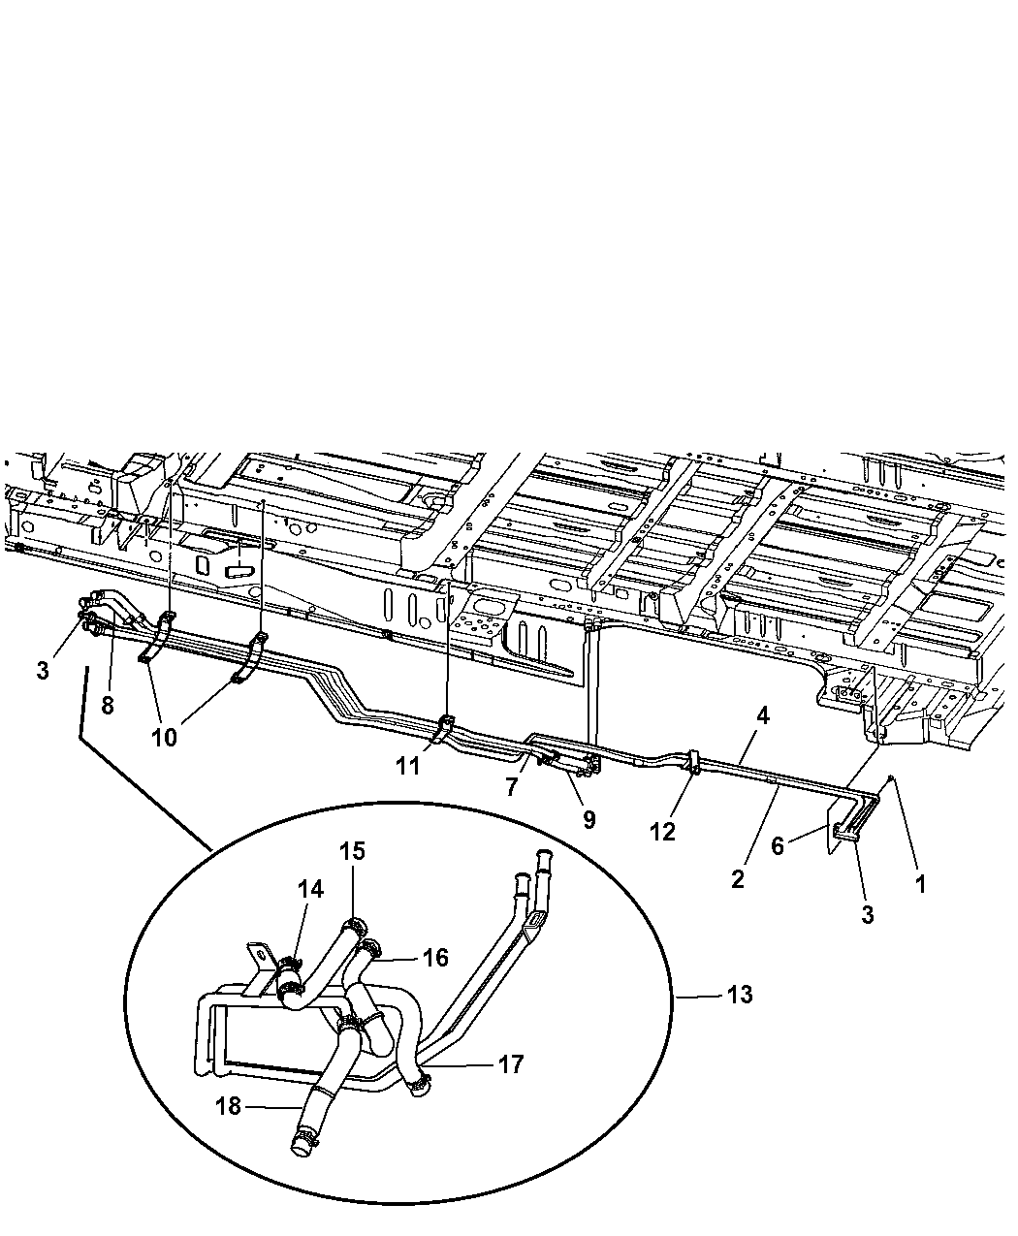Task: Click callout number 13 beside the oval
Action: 739,995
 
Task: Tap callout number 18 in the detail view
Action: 228,1106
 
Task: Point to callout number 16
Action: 436,957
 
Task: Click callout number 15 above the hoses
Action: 352,851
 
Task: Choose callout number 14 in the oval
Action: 310,889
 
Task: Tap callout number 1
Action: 920,885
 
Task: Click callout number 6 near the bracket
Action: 777,846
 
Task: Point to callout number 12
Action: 662,832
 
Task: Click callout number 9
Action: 589,820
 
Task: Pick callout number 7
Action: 512,787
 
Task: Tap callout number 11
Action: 407,766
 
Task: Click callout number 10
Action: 164,738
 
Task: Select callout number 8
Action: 108,705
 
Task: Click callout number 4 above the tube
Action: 763,715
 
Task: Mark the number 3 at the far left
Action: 42,671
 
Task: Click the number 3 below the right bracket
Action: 867,914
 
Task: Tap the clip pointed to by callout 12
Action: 693,762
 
